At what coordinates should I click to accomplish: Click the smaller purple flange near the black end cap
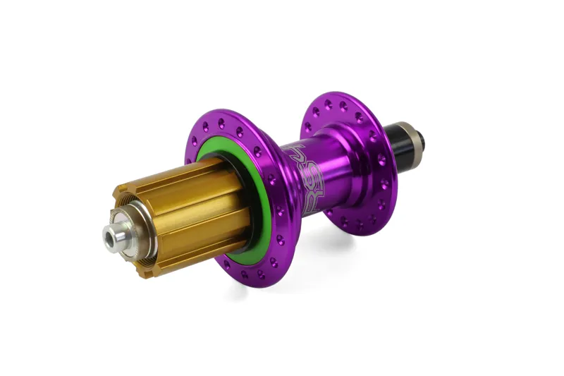381,198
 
